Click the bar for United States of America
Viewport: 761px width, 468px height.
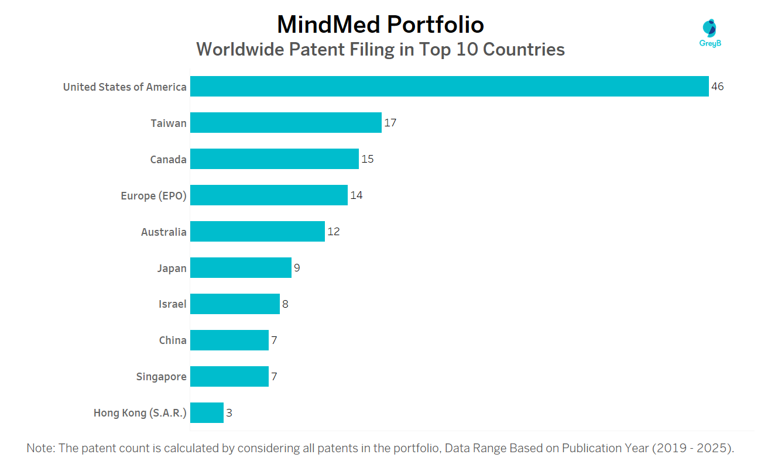(x=449, y=87)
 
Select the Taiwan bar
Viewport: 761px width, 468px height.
(x=286, y=123)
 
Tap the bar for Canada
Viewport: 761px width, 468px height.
(x=274, y=159)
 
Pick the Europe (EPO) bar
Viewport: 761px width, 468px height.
(x=269, y=195)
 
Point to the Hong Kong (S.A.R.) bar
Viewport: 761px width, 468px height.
(x=207, y=413)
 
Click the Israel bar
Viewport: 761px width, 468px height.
(x=235, y=304)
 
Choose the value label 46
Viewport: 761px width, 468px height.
(x=717, y=87)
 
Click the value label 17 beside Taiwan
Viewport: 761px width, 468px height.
(x=390, y=123)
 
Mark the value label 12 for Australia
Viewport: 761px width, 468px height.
(x=334, y=232)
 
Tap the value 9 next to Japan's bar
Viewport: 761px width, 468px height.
(x=297, y=268)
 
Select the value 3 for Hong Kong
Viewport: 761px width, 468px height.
(x=229, y=413)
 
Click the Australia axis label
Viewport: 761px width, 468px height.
(x=163, y=232)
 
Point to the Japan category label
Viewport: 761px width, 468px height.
(x=172, y=269)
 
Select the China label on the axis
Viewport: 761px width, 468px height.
(x=173, y=340)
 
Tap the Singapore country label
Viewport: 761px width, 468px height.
(x=161, y=377)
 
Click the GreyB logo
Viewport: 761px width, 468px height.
(x=709, y=33)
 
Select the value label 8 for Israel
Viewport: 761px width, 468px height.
(x=285, y=304)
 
